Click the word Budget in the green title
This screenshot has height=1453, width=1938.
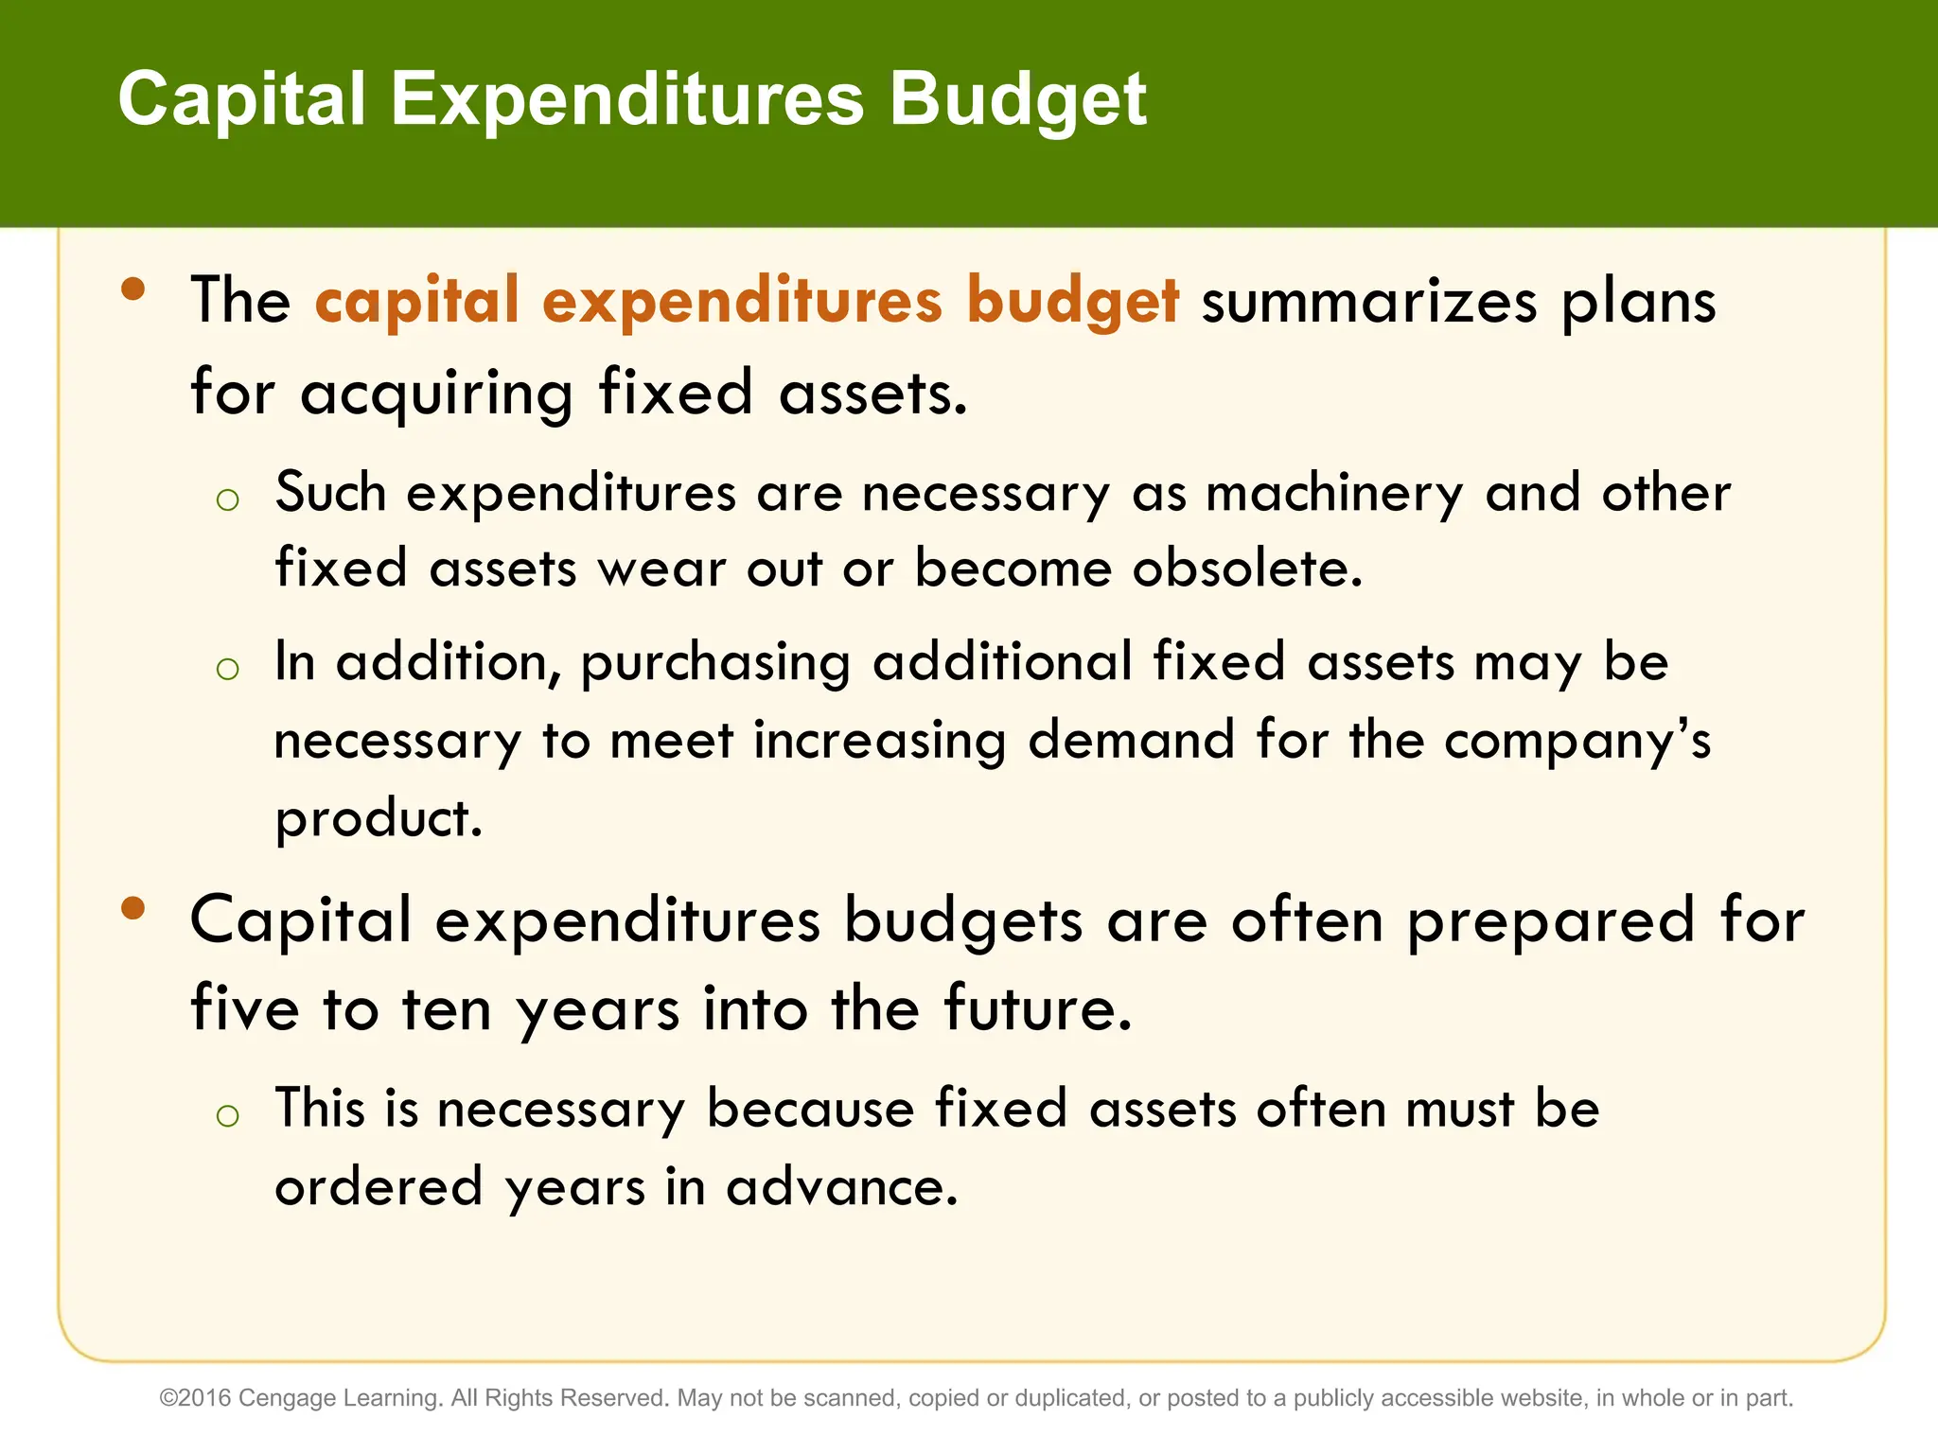(x=1017, y=100)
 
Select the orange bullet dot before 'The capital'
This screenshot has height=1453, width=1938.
(x=133, y=289)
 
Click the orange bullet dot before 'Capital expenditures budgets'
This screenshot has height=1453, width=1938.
(x=133, y=908)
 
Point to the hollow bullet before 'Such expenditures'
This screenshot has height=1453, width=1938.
(x=227, y=499)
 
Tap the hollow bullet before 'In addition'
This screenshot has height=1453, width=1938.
(x=227, y=670)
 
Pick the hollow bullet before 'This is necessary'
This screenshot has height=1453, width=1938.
(x=227, y=1115)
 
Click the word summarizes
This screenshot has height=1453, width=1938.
(x=1369, y=303)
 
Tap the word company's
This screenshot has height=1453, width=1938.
(x=1577, y=742)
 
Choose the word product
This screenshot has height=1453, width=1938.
(x=379, y=819)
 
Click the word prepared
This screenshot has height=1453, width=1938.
(x=1551, y=921)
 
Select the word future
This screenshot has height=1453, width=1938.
(x=1037, y=1008)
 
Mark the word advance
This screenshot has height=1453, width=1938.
(x=841, y=1186)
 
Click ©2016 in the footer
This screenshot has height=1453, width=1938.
(x=196, y=1398)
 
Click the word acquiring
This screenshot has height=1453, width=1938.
(x=436, y=394)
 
